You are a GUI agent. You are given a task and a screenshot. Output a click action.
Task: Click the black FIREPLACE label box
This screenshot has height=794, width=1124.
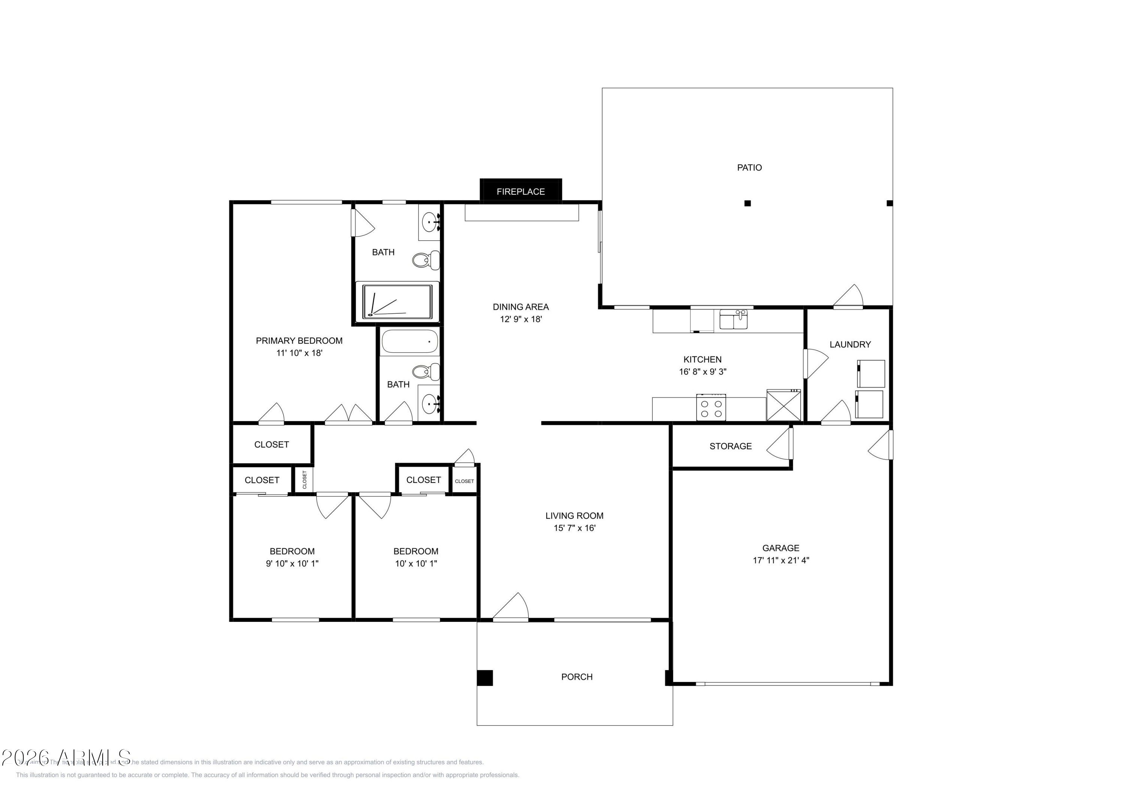click(520, 191)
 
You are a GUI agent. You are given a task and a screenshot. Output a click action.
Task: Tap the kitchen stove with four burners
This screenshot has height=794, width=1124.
click(711, 408)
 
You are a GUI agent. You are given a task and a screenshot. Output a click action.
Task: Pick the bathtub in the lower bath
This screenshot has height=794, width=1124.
click(409, 341)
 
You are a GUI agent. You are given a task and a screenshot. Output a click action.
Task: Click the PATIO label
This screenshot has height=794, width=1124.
click(749, 168)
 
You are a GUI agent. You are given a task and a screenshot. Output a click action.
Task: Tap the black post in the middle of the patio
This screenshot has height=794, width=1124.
click(747, 203)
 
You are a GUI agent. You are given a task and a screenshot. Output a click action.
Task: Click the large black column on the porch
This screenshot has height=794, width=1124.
click(485, 678)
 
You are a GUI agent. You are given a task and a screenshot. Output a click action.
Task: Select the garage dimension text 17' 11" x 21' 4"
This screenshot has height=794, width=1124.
click(780, 560)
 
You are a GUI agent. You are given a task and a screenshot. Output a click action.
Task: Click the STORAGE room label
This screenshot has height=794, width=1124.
click(730, 446)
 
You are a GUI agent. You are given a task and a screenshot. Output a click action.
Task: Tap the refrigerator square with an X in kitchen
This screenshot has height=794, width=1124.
click(783, 405)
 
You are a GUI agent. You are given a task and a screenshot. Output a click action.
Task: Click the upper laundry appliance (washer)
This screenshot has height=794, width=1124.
click(870, 374)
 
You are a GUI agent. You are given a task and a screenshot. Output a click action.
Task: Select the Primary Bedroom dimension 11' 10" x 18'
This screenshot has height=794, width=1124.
click(299, 353)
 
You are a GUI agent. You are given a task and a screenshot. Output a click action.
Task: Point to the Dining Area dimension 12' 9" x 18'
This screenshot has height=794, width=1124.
click(520, 319)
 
